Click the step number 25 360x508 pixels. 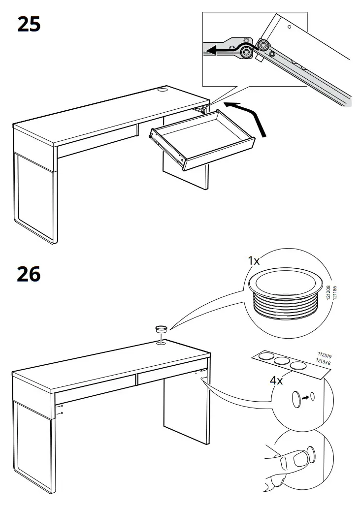(x=29, y=25)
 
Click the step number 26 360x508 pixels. (x=29, y=274)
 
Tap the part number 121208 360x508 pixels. (x=328, y=292)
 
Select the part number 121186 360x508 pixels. (x=335, y=292)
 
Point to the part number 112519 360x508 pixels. (x=325, y=356)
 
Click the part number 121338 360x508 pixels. (x=323, y=362)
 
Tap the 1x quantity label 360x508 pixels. (x=254, y=260)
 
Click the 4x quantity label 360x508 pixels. (x=276, y=380)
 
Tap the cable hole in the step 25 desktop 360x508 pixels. (x=163, y=89)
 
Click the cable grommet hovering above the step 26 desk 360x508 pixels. (x=161, y=329)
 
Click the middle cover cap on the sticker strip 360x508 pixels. (x=281, y=361)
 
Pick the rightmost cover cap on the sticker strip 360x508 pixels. (x=297, y=366)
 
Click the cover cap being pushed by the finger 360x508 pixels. (x=311, y=453)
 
